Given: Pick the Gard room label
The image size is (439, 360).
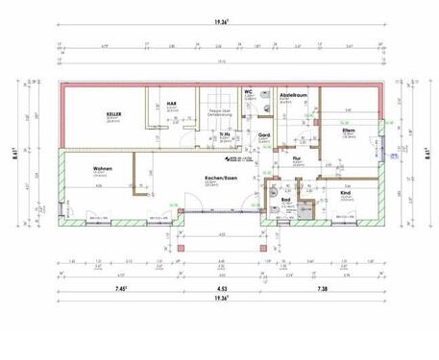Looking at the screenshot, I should [263, 135].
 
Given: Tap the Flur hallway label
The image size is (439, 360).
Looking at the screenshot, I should [297, 157].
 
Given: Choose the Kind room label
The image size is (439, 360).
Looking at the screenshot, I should [346, 192].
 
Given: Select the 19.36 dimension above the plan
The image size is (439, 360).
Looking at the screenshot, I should [220, 31].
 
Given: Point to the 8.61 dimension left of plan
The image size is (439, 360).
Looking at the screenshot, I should [11, 149].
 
